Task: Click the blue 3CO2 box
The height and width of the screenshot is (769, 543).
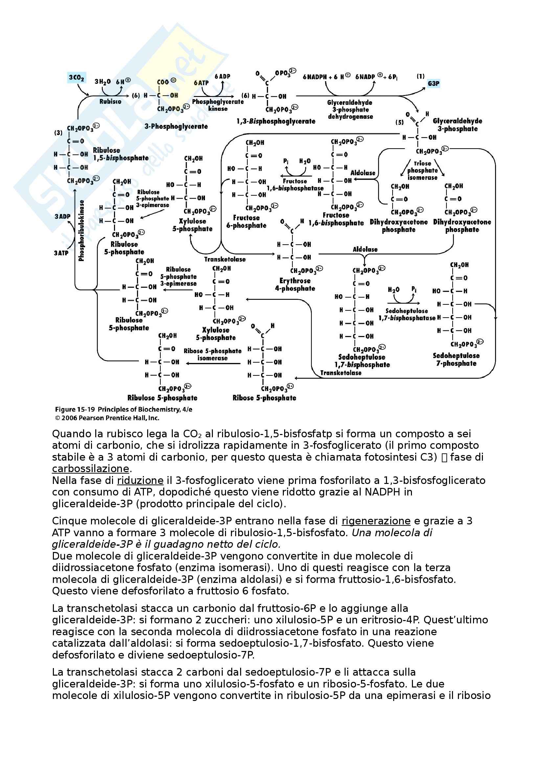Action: (x=76, y=78)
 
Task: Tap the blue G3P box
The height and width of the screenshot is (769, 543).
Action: (x=433, y=84)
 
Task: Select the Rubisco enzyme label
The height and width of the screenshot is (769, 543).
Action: (x=110, y=102)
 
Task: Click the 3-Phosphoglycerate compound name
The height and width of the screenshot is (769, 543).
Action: (x=176, y=126)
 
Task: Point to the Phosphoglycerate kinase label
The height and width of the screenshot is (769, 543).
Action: (x=218, y=105)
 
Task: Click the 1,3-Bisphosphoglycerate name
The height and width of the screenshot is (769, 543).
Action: (x=276, y=121)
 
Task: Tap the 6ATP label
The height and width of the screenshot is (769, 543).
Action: (x=201, y=83)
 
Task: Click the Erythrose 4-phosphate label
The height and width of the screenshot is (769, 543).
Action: (x=295, y=284)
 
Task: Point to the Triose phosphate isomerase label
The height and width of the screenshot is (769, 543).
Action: (x=422, y=171)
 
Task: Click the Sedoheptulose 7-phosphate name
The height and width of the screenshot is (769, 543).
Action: (x=456, y=359)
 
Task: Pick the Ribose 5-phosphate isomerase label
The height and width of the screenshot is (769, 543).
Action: (x=213, y=354)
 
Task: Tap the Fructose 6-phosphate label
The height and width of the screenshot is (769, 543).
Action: (x=246, y=221)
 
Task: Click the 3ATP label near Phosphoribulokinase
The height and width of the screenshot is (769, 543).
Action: (x=61, y=253)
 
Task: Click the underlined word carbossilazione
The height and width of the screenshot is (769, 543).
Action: (x=90, y=469)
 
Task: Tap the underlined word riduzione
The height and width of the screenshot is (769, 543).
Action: (x=140, y=480)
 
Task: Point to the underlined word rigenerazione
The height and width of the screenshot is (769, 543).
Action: (x=376, y=521)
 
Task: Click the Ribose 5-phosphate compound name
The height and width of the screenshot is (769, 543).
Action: (x=264, y=398)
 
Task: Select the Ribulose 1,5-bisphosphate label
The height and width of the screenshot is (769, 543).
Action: (x=121, y=154)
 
